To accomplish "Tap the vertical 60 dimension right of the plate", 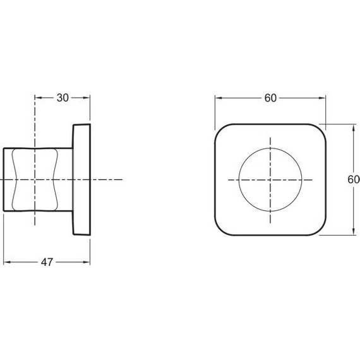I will [354, 179].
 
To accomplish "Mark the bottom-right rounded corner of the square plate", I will [319, 228].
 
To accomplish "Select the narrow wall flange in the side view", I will [82, 179].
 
